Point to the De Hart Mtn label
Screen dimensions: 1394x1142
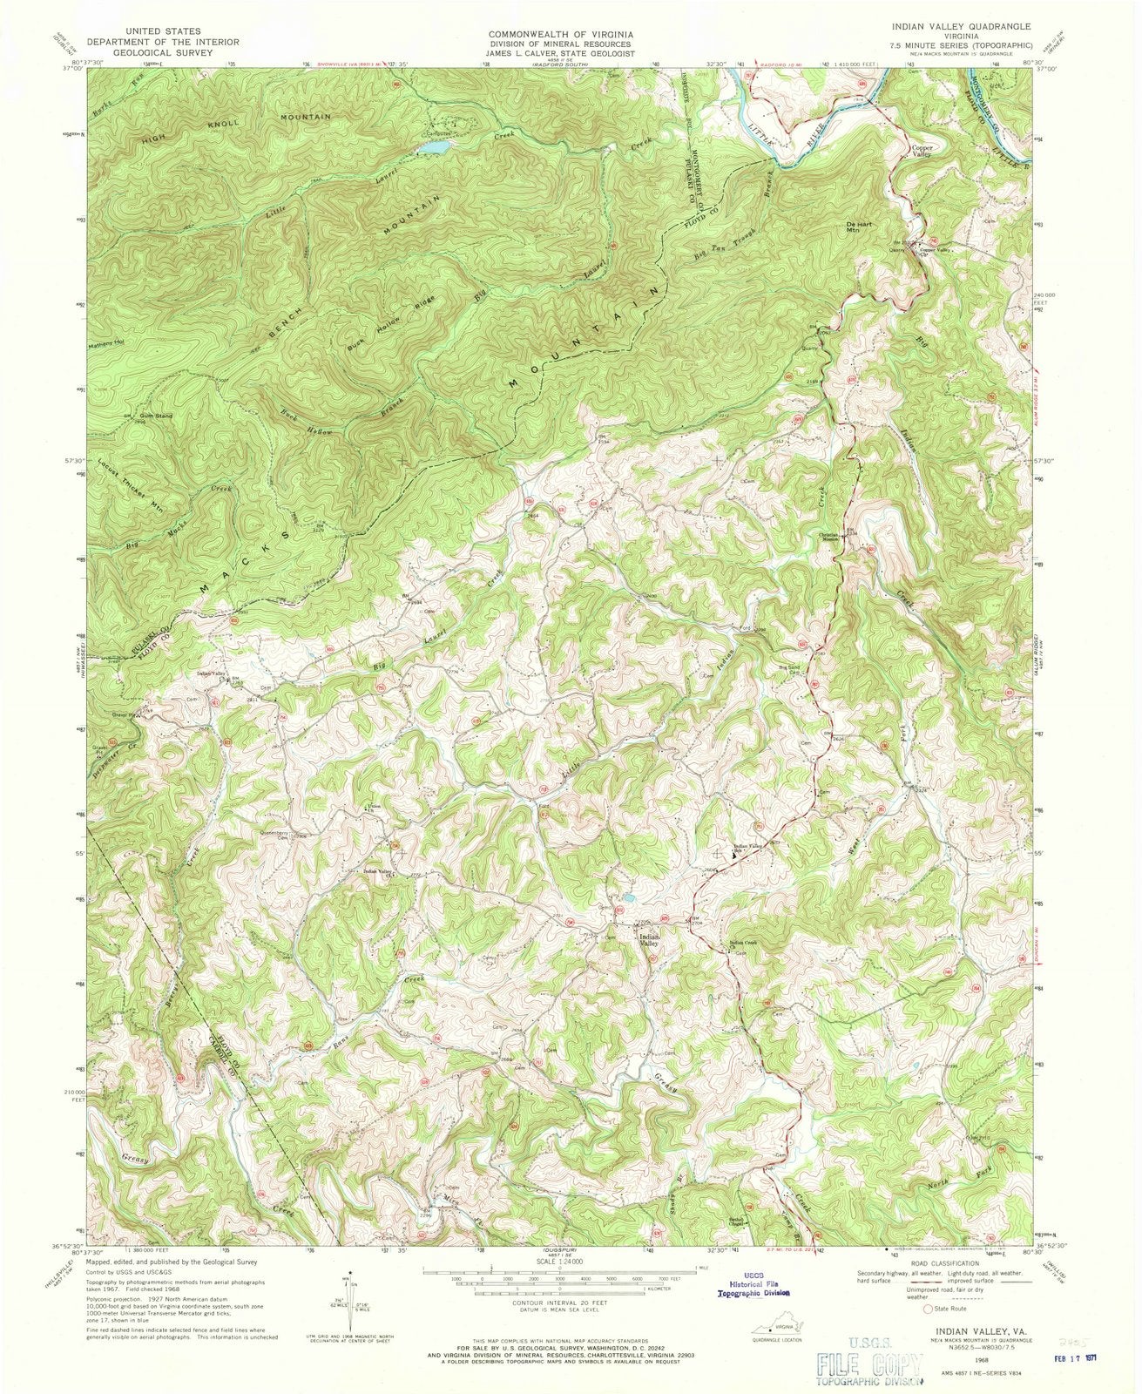[x=860, y=227]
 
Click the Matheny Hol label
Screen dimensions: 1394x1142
[x=106, y=342]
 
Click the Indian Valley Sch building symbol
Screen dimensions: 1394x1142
[x=732, y=856]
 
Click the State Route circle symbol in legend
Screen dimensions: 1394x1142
[x=929, y=1308]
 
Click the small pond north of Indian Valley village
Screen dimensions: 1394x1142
[x=628, y=897]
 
